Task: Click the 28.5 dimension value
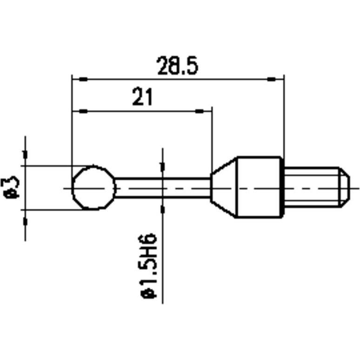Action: [177, 66]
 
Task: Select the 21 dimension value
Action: [142, 98]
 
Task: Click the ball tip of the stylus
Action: [93, 188]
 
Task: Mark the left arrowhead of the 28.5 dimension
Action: [80, 80]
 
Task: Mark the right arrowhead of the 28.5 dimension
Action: [275, 80]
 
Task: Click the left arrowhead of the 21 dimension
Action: [80, 112]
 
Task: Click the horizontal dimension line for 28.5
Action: [177, 80]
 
